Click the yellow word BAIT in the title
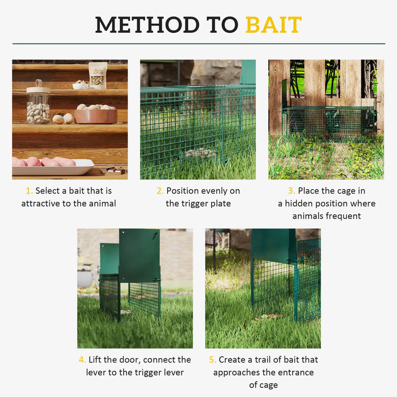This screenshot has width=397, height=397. click(273, 24)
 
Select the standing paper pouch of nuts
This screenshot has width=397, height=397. click(98, 75)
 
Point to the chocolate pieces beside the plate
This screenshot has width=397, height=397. click(113, 170)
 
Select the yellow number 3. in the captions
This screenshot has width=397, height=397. click(292, 191)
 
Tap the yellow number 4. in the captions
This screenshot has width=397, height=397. click(82, 360)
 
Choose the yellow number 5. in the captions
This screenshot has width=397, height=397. click(213, 360)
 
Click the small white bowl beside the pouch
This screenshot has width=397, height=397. click(80, 85)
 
